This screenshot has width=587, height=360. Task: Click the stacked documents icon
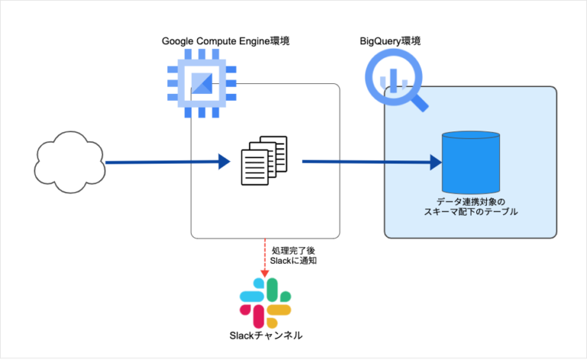click(264, 160)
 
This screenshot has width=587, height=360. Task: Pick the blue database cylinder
click(471, 161)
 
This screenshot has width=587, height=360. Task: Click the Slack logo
click(265, 299)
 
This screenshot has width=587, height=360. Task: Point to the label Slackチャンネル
click(266, 335)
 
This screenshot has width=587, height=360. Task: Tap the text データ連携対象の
click(471, 201)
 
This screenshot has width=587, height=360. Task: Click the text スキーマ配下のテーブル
click(471, 212)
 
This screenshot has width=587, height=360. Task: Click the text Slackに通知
click(293, 261)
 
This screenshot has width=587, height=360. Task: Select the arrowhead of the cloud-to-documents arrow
click(223, 161)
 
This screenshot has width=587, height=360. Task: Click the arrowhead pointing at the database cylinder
click(436, 162)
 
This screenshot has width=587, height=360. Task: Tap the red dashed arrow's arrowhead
click(264, 273)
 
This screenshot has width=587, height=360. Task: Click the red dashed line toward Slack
click(264, 252)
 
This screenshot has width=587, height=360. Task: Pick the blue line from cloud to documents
click(161, 162)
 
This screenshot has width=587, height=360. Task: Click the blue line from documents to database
click(367, 162)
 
